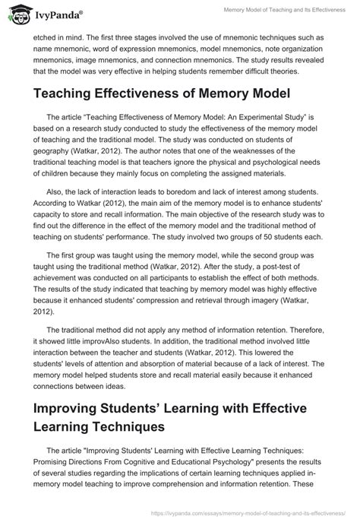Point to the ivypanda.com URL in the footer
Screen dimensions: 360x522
(274, 513)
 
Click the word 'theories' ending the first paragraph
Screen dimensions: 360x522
(278, 71)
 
